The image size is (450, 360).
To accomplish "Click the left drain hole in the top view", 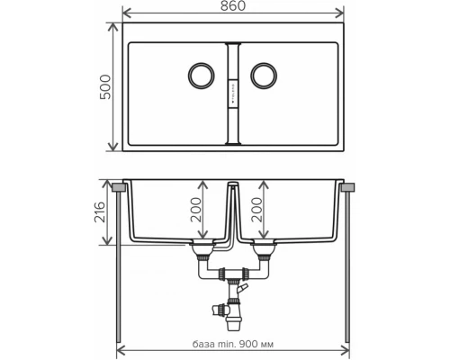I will [200, 74].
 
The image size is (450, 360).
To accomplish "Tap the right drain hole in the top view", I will [265, 74].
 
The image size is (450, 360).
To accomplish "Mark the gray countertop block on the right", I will [348, 186].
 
